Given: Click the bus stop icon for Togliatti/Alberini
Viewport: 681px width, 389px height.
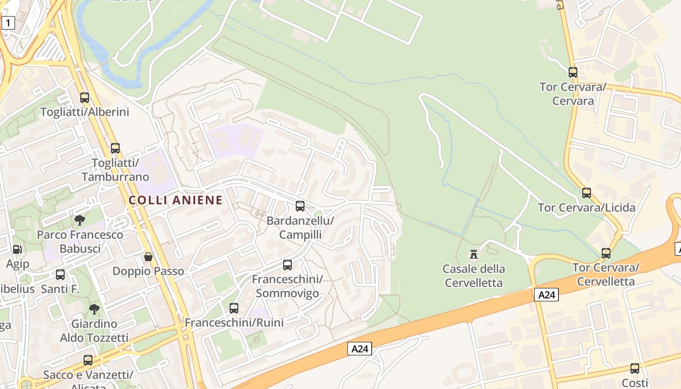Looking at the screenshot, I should click(85, 97).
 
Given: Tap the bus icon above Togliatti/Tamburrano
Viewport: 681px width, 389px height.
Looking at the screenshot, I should click(115, 148).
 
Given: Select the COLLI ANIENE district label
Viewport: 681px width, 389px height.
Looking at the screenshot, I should click(176, 200).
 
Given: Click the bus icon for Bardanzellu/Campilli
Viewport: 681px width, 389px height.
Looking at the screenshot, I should click(300, 206).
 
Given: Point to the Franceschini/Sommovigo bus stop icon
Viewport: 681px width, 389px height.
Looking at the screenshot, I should click(287, 265).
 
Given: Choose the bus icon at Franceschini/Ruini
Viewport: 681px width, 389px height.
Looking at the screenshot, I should click(234, 308).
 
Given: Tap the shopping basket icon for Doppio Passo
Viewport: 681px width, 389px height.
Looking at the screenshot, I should click(148, 256).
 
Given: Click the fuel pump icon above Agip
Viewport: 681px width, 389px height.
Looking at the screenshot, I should click(18, 249).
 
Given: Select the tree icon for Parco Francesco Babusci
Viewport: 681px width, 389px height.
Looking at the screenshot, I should click(80, 220).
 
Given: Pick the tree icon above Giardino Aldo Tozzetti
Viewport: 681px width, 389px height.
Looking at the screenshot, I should click(94, 309).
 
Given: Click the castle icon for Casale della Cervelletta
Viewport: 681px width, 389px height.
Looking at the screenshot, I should click(474, 254).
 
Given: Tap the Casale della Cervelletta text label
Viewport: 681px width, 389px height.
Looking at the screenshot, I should click(474, 276).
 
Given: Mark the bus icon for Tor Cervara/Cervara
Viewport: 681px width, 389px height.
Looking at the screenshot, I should click(573, 72).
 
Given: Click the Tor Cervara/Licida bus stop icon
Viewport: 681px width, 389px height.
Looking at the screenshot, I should click(587, 193).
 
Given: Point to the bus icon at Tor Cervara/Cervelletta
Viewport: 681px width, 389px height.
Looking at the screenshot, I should click(606, 253).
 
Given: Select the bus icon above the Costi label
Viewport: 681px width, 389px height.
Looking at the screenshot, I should click(635, 368).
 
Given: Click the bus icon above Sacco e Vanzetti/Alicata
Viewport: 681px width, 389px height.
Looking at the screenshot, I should click(88, 360).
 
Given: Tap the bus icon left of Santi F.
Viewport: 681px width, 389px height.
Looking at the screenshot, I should click(60, 275).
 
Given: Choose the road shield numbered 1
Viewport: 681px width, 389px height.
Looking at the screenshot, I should click(8, 22).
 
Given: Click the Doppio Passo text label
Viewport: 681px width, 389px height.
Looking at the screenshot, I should click(148, 271).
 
